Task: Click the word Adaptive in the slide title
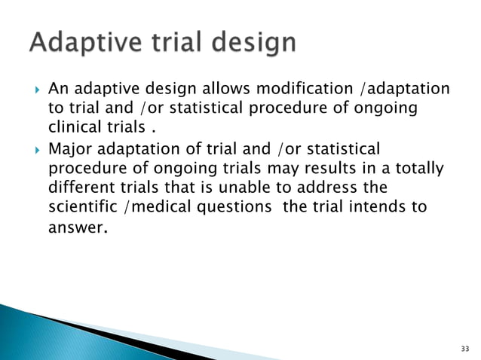[x=81, y=43]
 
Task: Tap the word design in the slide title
[x=245, y=43]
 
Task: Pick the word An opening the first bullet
[x=57, y=90]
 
